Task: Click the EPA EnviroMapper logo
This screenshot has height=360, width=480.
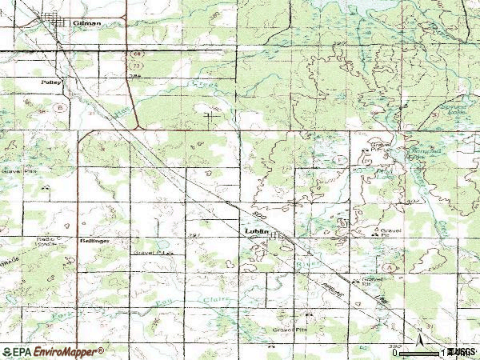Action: [53, 351]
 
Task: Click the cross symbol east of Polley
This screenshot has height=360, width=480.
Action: [212, 118]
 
